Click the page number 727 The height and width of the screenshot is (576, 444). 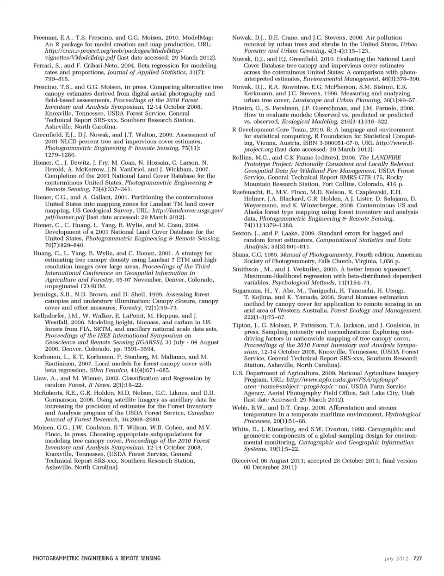417,558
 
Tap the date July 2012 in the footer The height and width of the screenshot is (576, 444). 396,558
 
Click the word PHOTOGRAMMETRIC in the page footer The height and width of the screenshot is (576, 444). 61,558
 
